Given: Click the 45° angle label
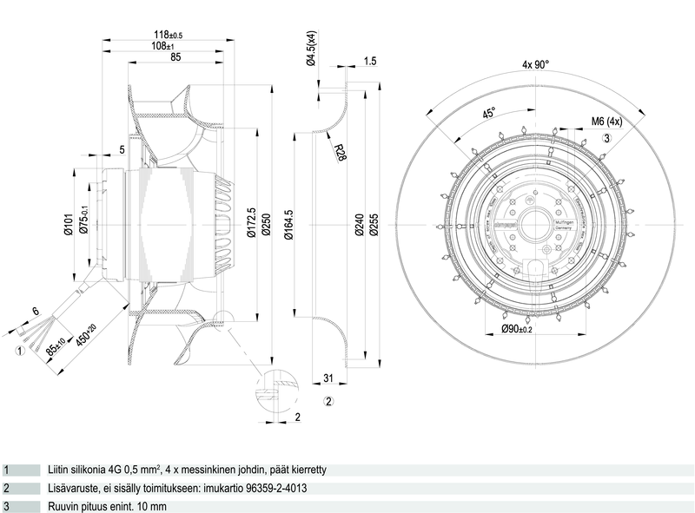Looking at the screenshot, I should pos(488,114).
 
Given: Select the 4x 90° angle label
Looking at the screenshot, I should pos(537,64).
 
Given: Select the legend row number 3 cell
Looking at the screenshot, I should pos(6,505).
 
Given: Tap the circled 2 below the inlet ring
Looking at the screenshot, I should pos(328,400).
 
